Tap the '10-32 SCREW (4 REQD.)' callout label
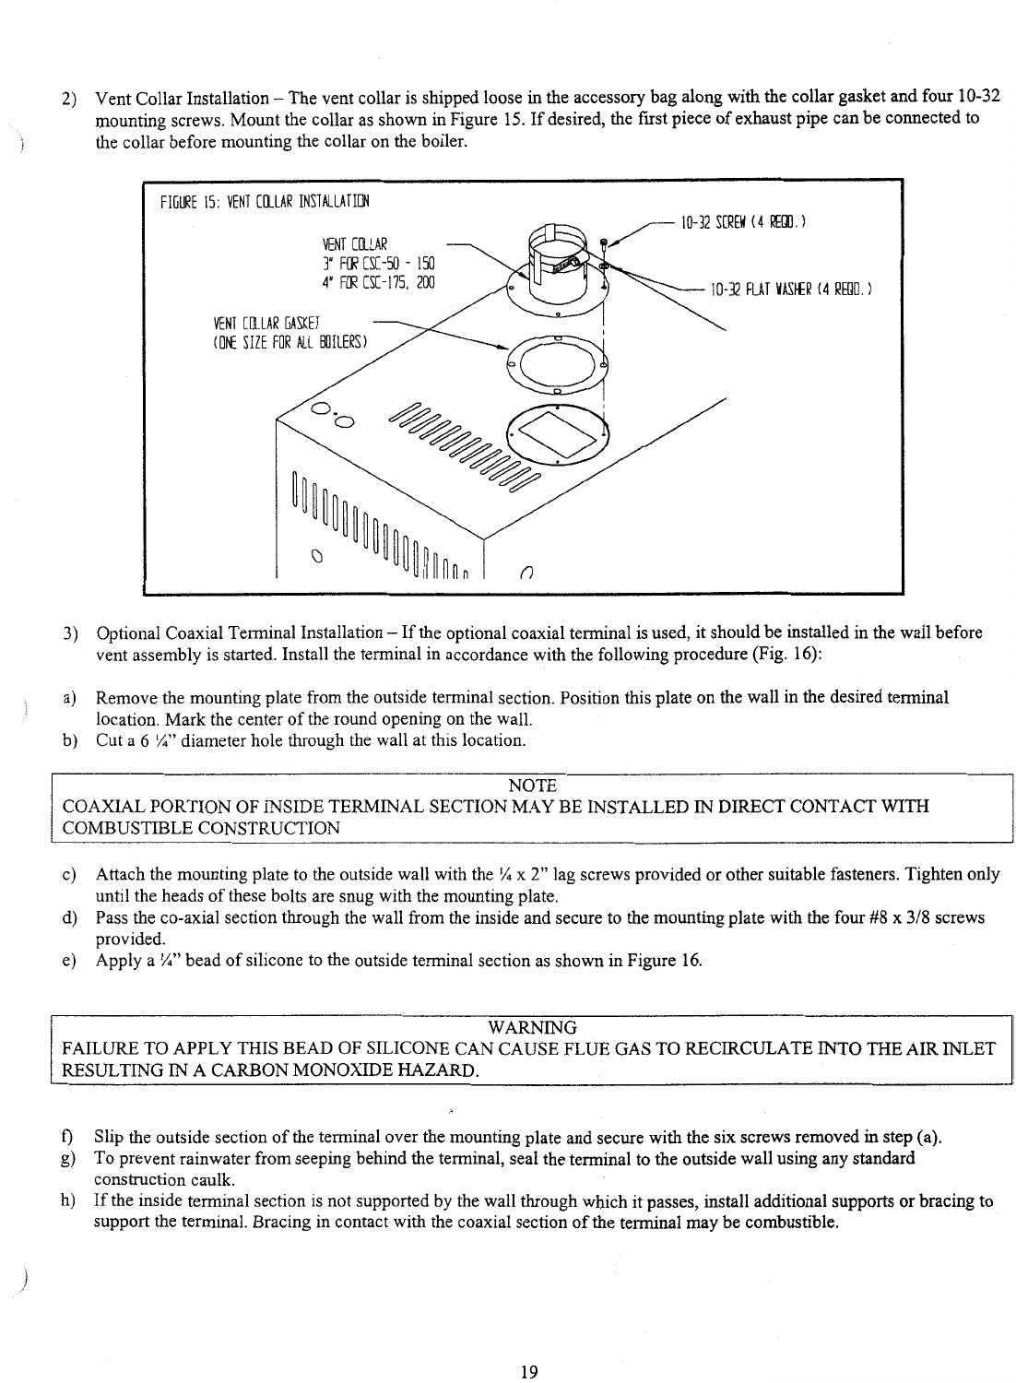742,221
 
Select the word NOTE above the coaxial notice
532,786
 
